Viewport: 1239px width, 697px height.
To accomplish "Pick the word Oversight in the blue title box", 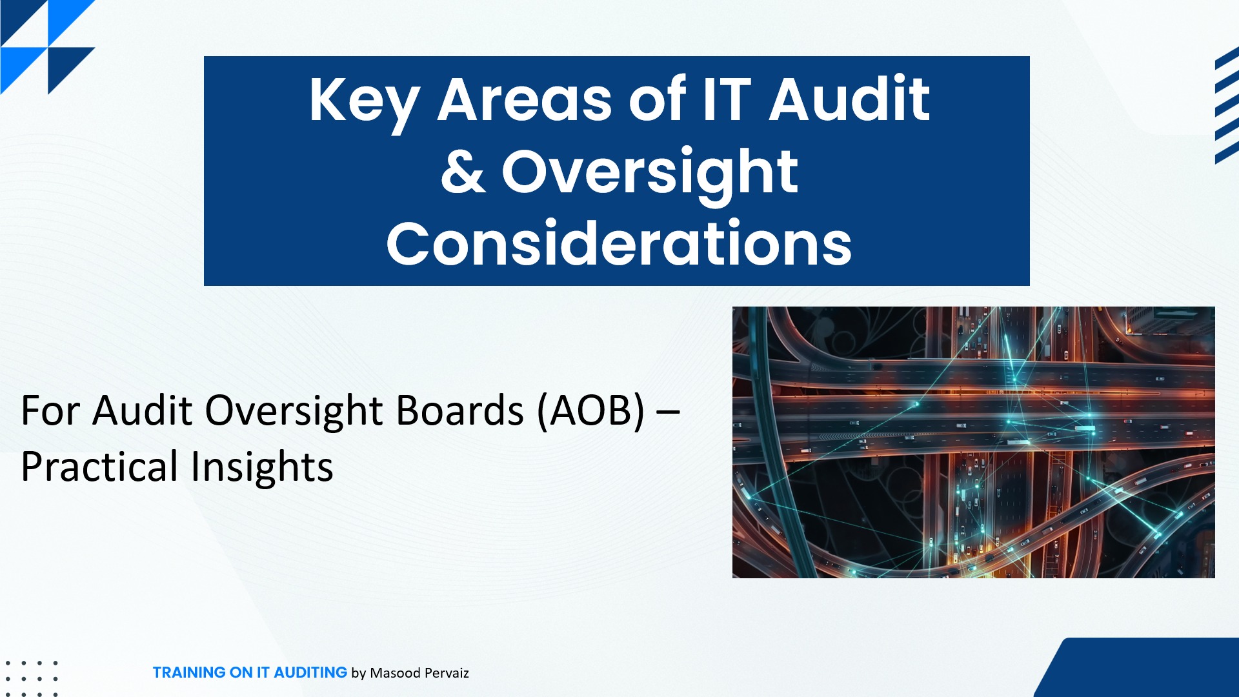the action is click(650, 174).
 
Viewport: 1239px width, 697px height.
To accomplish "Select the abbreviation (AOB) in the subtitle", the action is click(591, 410).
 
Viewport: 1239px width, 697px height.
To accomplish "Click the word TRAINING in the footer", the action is click(189, 672).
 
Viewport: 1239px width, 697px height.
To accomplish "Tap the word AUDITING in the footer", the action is click(310, 672).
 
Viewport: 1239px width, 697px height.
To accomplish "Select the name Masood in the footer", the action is click(395, 673).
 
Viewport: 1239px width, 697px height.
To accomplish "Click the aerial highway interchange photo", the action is click(973, 442).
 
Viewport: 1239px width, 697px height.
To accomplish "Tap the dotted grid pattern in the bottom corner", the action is click(31, 678).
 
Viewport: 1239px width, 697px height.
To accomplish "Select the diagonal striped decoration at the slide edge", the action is click(1227, 105).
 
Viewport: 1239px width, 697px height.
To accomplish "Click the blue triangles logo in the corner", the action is click(48, 47).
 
